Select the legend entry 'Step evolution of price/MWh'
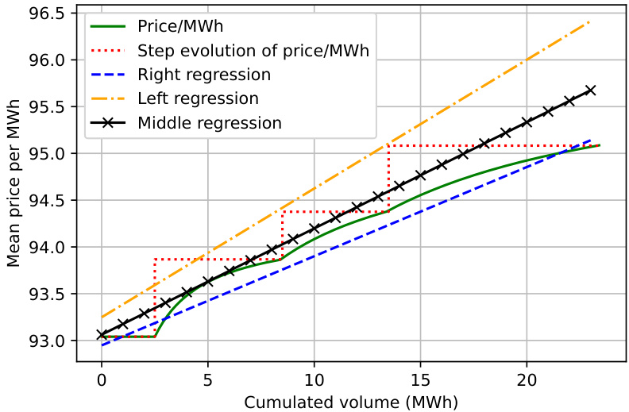[253, 51]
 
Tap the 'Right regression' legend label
[204, 75]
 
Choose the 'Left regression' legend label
[198, 99]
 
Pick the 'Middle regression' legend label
[210, 123]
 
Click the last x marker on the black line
[590, 90]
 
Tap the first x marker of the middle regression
[102, 334]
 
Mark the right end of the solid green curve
[599, 145]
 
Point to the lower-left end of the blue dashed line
[102, 345]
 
